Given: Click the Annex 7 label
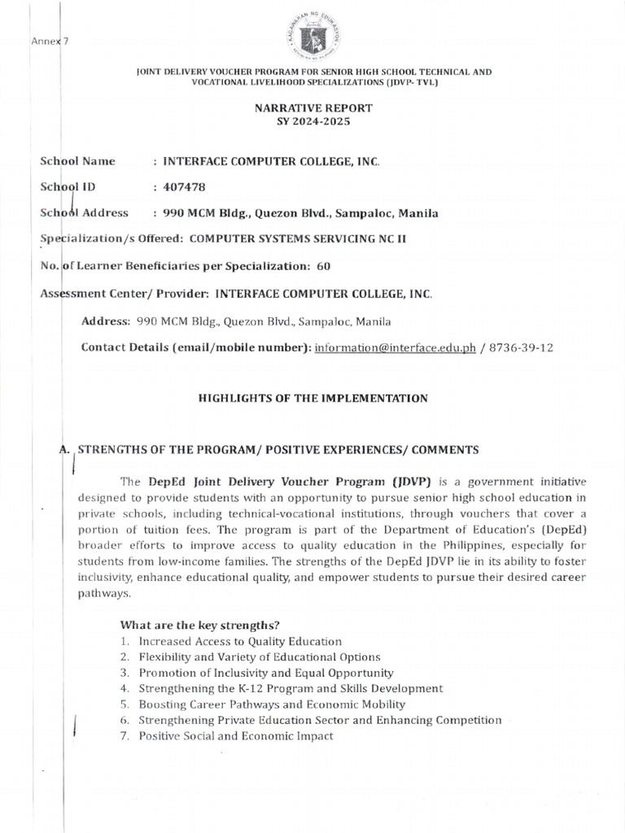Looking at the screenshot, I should pos(50,41).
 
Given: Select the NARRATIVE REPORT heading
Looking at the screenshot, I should pos(313,107).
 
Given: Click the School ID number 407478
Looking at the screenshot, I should pos(180,186).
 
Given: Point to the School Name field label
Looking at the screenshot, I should pos(77,161).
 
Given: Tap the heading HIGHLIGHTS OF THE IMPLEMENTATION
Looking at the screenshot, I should pos(313,398).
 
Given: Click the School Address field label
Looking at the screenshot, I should pos(85,213).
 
